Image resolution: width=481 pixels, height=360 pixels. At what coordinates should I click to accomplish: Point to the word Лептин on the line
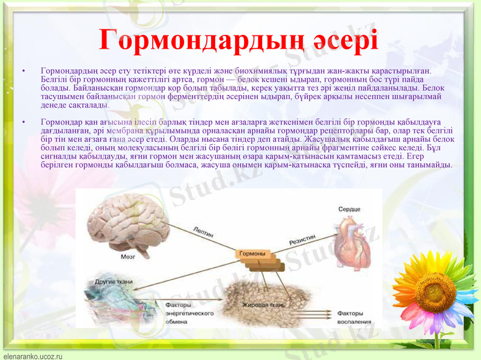(x=203, y=233)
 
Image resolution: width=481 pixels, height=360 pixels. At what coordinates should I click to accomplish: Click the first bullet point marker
(x=24, y=72)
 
